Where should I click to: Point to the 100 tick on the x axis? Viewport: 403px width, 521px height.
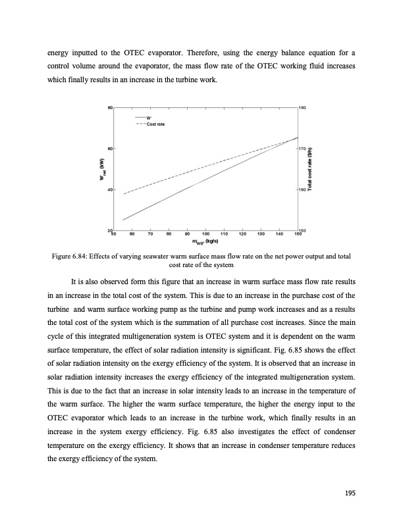(206, 234)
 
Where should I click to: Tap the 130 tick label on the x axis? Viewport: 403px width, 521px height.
(261, 234)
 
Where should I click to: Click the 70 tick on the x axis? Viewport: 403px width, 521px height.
(151, 234)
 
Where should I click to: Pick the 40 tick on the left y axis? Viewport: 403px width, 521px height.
(109, 189)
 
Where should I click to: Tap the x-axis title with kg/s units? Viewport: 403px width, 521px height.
(205, 241)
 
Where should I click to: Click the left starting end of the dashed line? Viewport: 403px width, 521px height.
(124, 194)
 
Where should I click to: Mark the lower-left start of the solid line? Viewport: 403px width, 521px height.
(123, 220)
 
